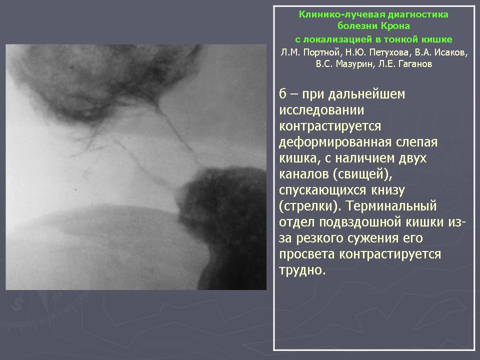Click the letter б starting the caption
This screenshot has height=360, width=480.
point(283,93)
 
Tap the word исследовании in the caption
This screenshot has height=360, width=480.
point(321,110)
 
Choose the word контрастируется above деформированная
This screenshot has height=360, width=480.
point(330,126)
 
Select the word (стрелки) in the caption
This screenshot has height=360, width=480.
point(310,206)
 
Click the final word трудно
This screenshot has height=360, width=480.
point(302,270)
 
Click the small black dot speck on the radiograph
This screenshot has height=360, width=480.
point(76,190)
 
